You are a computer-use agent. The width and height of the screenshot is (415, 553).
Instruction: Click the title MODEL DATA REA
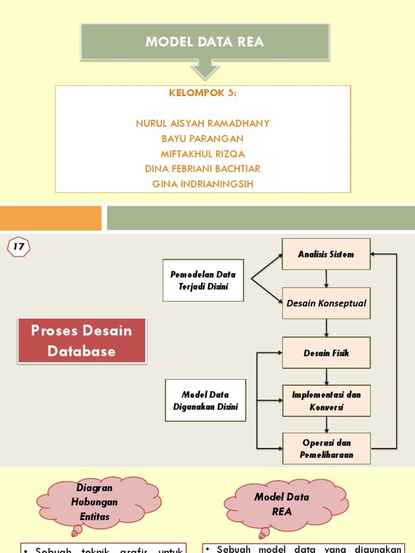pos(205,42)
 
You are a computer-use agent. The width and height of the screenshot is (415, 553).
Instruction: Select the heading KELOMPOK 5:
pos(203,93)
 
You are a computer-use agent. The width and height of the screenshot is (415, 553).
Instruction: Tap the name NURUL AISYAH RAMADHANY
pos(203,124)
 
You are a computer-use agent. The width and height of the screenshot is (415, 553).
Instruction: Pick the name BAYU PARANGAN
pos(203,139)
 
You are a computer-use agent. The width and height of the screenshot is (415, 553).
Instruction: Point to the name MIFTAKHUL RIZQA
pos(203,154)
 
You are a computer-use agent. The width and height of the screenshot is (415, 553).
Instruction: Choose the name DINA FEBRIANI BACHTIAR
pos(203,169)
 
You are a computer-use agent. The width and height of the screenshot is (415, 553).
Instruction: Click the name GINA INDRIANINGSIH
pos(203,184)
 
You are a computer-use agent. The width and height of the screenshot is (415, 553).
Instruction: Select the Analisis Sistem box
pos(326,254)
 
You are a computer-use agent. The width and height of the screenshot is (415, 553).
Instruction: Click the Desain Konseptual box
pos(326,303)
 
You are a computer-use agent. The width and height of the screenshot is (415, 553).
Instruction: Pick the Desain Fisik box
pos(326,353)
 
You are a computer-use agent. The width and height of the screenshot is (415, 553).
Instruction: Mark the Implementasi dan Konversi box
pos(326,401)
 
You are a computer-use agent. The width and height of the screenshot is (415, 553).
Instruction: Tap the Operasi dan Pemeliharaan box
pos(326,448)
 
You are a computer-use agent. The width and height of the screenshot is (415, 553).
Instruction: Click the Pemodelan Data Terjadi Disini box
pos(203,280)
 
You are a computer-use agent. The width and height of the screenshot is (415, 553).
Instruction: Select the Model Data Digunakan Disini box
pos(205,400)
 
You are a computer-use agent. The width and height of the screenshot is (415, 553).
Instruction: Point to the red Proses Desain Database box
pos(82,341)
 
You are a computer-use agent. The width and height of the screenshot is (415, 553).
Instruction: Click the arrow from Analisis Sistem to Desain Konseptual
pos(326,278)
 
